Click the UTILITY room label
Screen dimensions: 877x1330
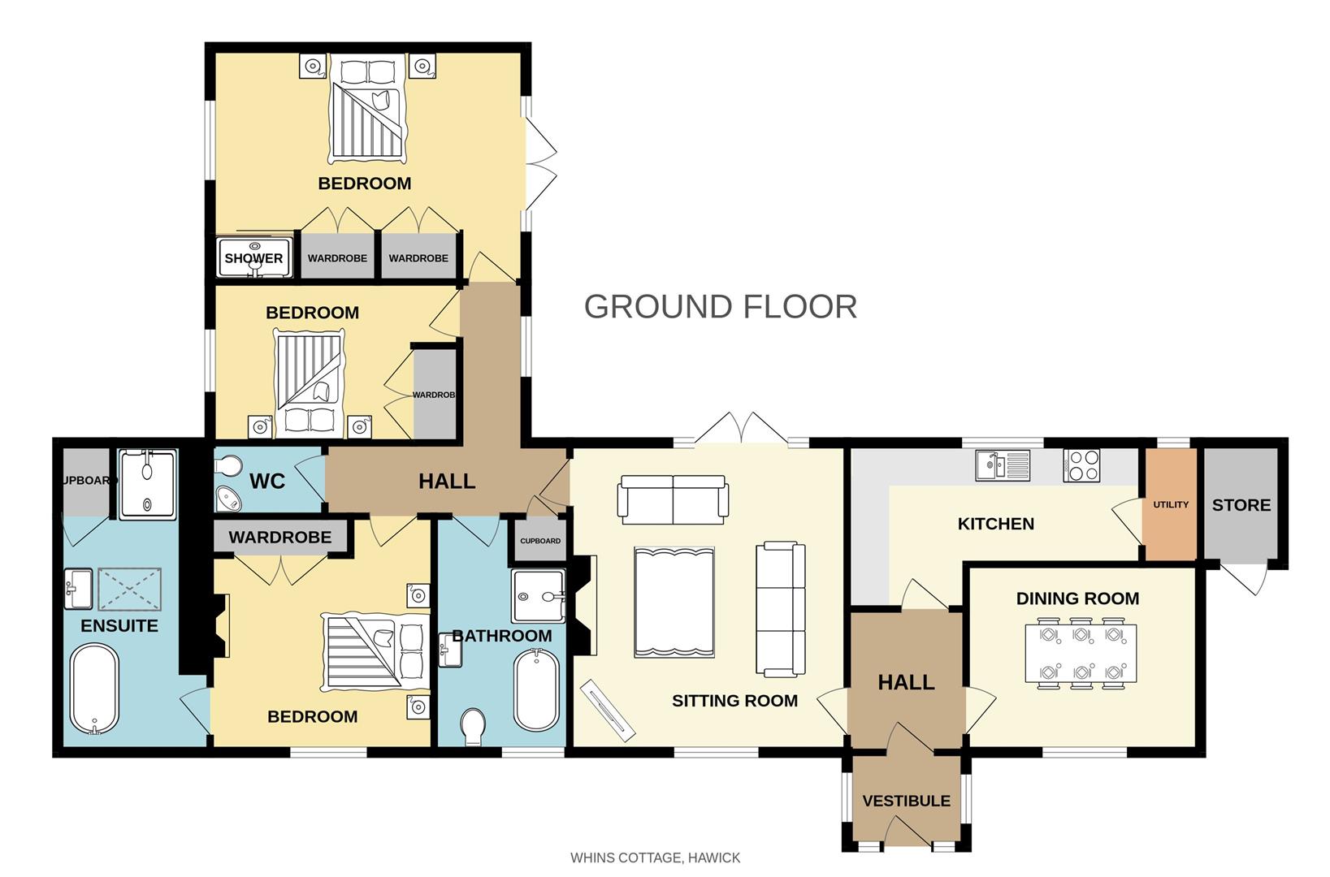[x=1170, y=504]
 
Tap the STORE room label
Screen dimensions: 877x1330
[x=1241, y=505]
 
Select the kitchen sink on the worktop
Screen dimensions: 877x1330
[x=1003, y=465]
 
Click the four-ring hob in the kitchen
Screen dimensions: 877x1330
[x=1081, y=466]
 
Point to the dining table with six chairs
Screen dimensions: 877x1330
[x=1081, y=653]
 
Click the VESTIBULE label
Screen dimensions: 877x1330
[x=906, y=801]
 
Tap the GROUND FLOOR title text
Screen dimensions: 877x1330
[x=720, y=307]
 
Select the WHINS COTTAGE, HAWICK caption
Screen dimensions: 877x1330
[x=655, y=858]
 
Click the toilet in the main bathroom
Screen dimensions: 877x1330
[x=473, y=725]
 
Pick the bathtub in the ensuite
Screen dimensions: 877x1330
[x=94, y=689]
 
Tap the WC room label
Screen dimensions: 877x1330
[x=267, y=482]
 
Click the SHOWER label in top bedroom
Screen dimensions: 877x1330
[x=253, y=258]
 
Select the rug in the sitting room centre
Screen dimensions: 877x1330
[x=674, y=602]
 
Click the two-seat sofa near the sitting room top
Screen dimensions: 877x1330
[x=673, y=498]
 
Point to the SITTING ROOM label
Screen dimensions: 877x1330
[x=734, y=701]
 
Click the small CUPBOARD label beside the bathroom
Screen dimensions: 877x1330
[x=540, y=541]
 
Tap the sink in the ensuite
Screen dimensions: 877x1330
[x=79, y=588]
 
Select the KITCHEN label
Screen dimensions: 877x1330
[x=995, y=524]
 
